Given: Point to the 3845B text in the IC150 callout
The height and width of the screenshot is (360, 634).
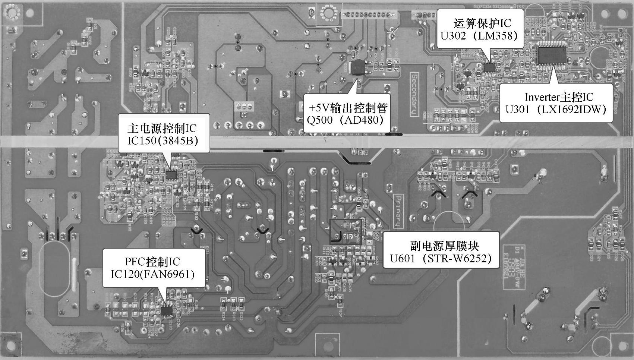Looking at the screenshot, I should [x=180, y=141].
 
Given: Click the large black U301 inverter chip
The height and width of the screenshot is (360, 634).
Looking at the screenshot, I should [x=552, y=55].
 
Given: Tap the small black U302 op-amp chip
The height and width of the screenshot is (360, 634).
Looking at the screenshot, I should [x=490, y=67].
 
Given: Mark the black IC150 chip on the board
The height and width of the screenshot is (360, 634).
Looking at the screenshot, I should [x=171, y=174].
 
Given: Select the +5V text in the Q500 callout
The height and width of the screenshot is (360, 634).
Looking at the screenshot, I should [x=318, y=108].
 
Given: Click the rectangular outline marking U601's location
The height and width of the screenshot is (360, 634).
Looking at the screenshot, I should [x=346, y=231].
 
